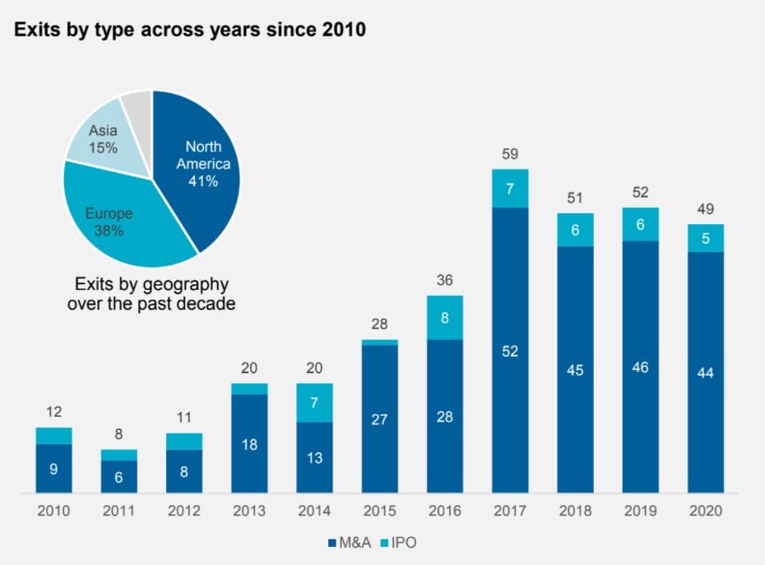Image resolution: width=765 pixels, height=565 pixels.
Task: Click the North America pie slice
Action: tap(200, 166)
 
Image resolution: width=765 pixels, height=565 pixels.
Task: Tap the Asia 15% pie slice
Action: tap(105, 139)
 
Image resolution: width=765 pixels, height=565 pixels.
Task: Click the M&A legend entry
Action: tap(350, 543)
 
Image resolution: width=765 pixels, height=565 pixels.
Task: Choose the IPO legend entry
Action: tap(398, 543)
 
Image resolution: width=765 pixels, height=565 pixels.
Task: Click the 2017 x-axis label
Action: tap(510, 511)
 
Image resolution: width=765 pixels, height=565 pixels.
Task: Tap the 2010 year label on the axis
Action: tap(53, 511)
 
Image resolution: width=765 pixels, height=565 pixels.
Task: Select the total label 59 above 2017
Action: tap(510, 154)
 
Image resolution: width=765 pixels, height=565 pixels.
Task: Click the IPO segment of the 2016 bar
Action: tap(445, 317)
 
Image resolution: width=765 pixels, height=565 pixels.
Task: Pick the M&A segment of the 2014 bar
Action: tap(315, 457)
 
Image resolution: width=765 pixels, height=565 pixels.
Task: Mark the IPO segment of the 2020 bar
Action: tap(706, 238)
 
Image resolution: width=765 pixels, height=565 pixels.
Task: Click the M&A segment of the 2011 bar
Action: tap(119, 477)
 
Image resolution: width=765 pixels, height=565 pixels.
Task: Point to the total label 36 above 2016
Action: tap(445, 280)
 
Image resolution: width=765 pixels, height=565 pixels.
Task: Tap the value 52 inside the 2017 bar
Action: tap(510, 351)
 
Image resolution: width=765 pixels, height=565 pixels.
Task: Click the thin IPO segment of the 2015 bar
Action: tap(380, 343)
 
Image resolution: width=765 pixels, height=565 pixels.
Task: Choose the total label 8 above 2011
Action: tap(119, 434)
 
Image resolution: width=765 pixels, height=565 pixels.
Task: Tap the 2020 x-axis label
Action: tap(706, 511)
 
